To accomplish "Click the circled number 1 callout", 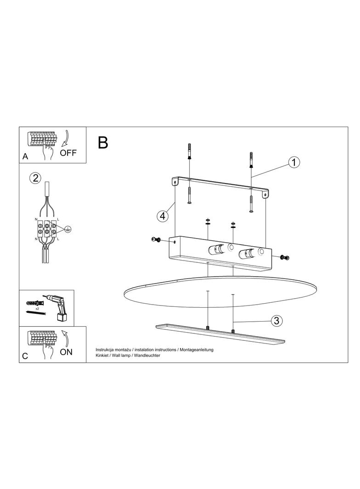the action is point(294,162).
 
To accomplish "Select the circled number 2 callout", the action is point(35,178).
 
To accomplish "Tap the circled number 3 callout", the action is point(276,320).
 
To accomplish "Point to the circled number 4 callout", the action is point(163,216).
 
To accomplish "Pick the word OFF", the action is point(68,153).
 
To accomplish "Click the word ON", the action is point(66,352).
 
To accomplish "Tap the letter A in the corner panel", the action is point(25,156).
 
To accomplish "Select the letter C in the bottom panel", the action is point(25,356).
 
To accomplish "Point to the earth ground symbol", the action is point(67,229).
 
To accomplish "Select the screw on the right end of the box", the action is point(285,257).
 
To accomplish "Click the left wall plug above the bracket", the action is point(189,152).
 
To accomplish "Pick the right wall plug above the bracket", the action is point(251,160).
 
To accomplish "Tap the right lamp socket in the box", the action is point(246,254).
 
